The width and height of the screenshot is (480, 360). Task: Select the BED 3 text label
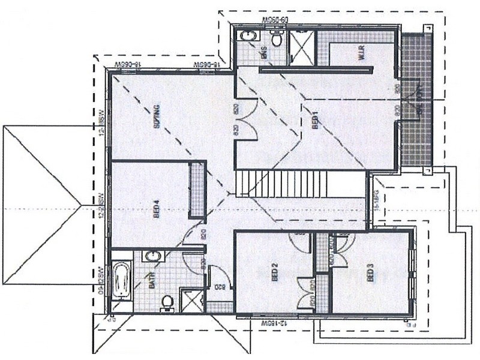[370, 274]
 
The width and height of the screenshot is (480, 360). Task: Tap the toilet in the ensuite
[277, 38]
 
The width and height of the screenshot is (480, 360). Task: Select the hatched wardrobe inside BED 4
[197, 190]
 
